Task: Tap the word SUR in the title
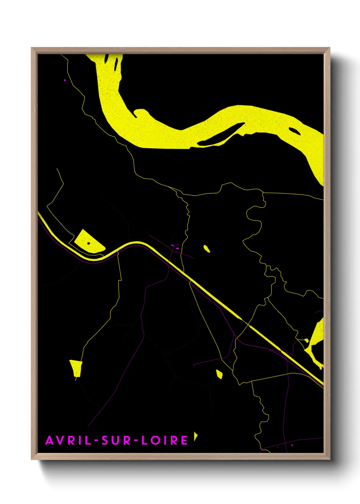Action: pos(116,440)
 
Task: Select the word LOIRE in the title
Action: pos(165,440)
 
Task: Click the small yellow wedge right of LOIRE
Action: pos(196,436)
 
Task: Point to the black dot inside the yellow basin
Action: pos(88,243)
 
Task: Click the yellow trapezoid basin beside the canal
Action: pos(85,240)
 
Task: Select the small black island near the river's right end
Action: pos(294,130)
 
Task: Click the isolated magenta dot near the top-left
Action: pos(65,80)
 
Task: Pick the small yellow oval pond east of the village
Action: pos(207,249)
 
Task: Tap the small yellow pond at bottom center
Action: pos(219,374)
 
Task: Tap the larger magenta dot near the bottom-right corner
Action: pos(292,445)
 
